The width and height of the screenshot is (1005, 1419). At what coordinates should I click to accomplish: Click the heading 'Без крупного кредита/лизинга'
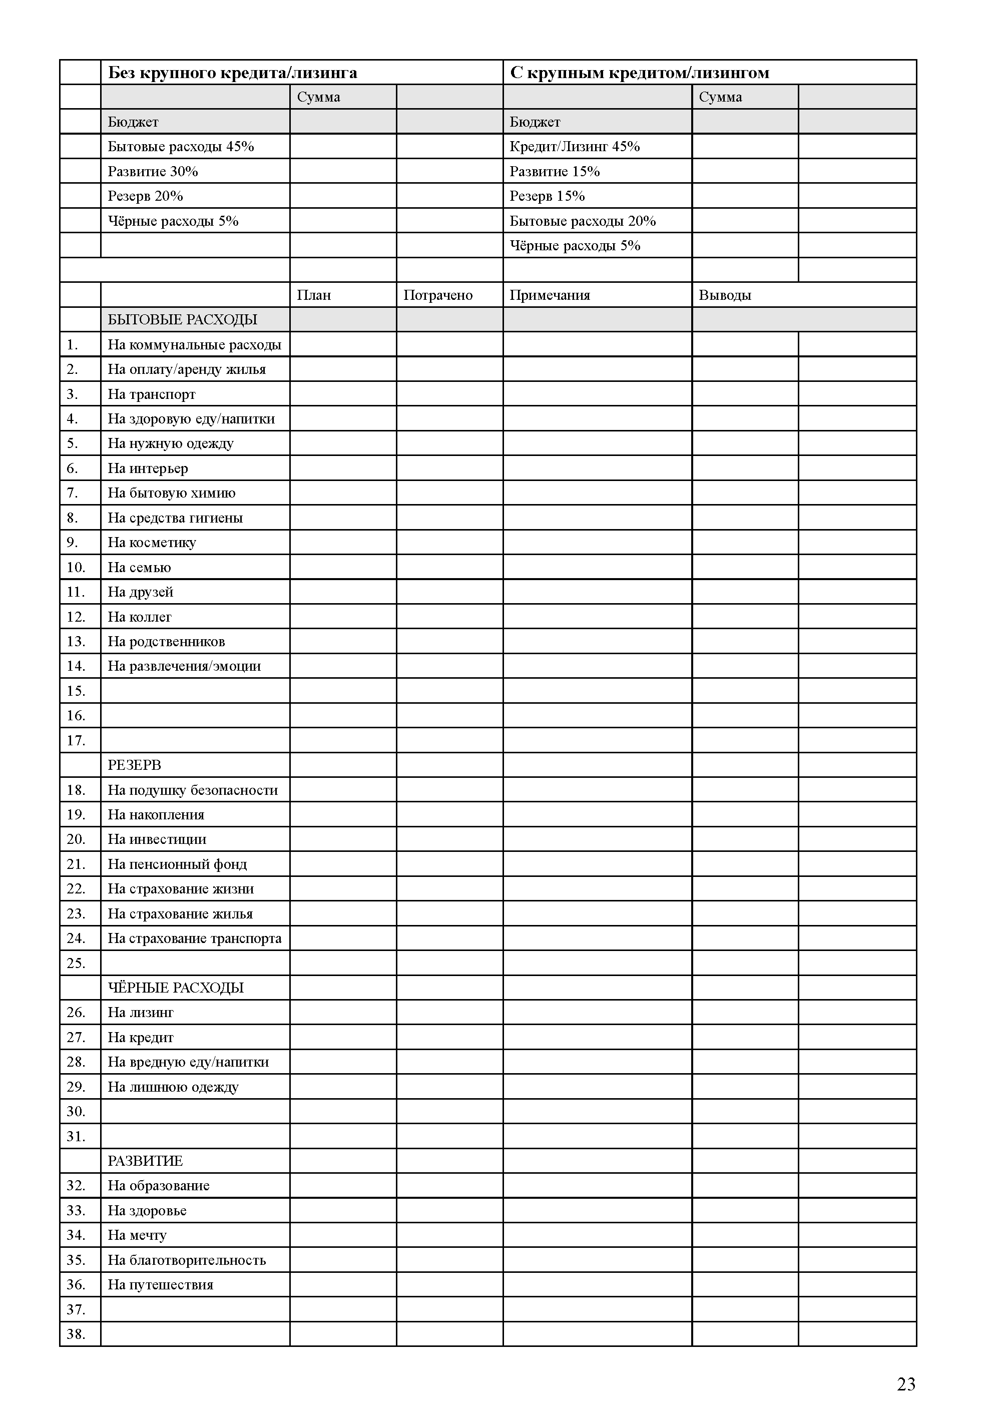(232, 73)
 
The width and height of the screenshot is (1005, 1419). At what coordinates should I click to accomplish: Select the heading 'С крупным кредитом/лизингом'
(639, 73)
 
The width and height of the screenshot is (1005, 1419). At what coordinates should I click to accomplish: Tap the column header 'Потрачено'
(437, 295)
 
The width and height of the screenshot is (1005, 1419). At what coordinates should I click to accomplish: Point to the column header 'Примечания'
(550, 295)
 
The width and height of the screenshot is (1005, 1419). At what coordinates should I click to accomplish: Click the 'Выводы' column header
(725, 295)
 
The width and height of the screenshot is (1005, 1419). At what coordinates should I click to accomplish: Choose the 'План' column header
(314, 295)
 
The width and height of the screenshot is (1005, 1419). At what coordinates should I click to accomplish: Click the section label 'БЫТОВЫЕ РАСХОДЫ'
(182, 320)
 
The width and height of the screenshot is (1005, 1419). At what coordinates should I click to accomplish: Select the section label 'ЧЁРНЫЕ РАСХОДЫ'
(175, 988)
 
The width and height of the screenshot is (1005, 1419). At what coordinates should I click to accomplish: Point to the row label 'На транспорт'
(151, 394)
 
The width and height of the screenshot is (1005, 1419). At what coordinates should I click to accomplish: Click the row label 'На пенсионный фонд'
(177, 864)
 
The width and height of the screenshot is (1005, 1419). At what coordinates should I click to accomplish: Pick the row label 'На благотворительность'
(186, 1260)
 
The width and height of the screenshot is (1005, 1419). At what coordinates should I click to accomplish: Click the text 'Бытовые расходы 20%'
(583, 221)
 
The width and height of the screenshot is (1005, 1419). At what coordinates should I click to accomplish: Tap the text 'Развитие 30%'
(152, 171)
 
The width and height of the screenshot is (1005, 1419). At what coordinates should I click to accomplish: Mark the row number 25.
(76, 963)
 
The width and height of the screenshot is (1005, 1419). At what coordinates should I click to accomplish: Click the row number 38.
(76, 1334)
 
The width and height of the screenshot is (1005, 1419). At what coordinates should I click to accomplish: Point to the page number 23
(905, 1384)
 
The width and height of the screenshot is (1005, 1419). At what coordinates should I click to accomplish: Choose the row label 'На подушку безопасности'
(193, 790)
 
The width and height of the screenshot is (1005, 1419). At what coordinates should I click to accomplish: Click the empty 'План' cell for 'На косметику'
(343, 542)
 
